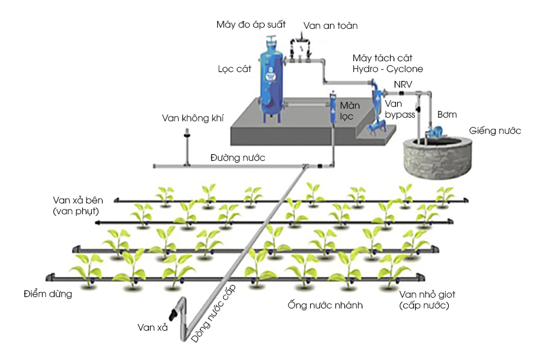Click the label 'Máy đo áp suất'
tap(250, 25)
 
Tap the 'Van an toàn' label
tap(331, 26)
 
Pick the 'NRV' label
tap(403, 83)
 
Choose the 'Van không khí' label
tap(188, 118)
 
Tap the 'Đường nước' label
tap(238, 158)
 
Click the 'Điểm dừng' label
tap(48, 294)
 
